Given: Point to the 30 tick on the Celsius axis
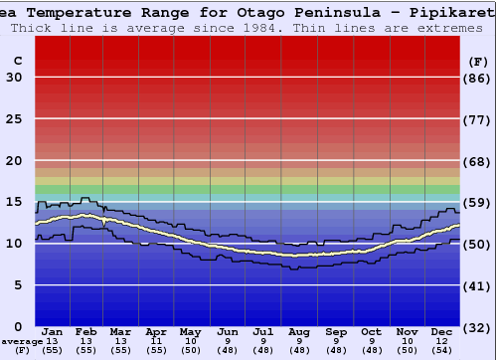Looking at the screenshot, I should tap(14, 78).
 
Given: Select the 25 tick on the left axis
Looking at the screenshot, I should tap(14, 119).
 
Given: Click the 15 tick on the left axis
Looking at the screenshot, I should tap(14, 202).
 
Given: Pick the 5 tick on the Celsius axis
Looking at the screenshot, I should tap(18, 285).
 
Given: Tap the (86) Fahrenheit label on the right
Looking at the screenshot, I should tap(477, 78).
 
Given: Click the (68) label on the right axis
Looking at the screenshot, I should tap(477, 161).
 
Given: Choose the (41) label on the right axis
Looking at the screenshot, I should tap(477, 285).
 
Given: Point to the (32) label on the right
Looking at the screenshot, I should tap(477, 327).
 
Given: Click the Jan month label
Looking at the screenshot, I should tap(54, 331).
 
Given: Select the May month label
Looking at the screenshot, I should tap(190, 331).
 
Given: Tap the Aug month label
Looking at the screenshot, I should tap(298, 331).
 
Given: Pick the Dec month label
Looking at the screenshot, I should tap(442, 331).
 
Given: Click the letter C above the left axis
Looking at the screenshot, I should tap(17, 61).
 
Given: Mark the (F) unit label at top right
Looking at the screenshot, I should tap(477, 61).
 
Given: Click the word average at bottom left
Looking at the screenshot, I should tap(22, 341).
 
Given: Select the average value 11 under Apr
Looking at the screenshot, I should tap(156, 341).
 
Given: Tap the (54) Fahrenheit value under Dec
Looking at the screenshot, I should tap(442, 351).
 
